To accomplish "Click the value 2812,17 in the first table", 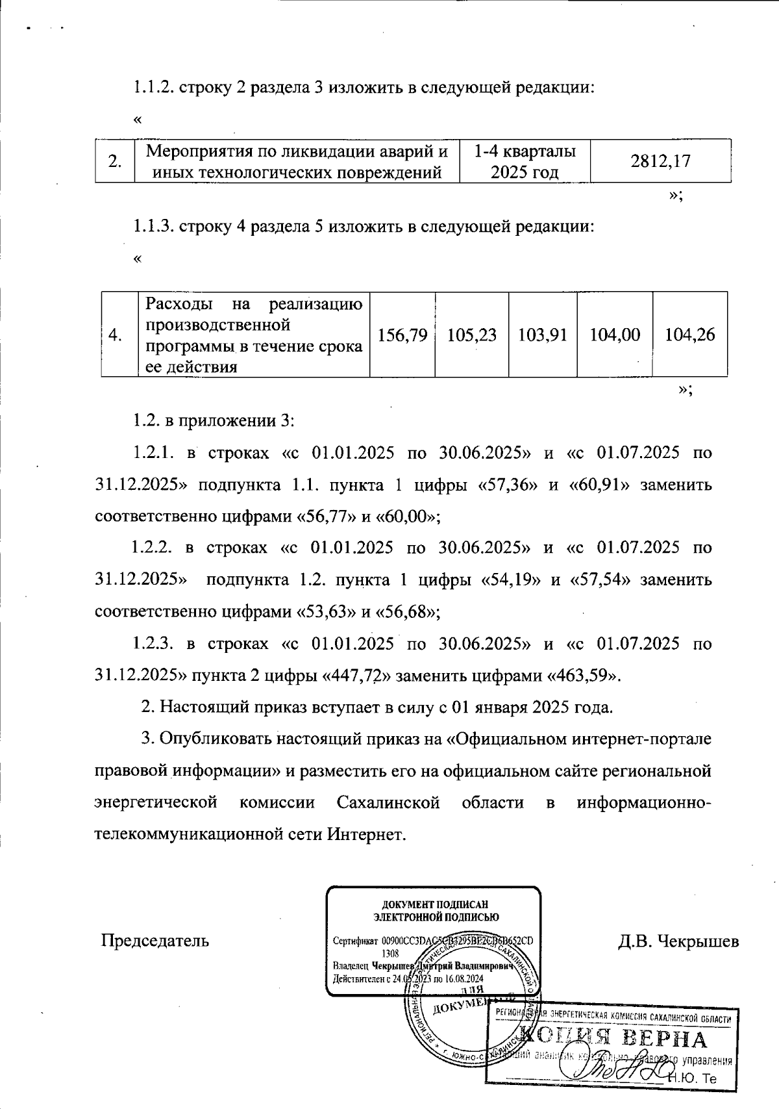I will (x=660, y=161).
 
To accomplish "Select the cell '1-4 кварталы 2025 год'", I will (x=525, y=162).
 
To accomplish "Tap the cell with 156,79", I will (x=402, y=335).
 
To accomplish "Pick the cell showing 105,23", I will (x=472, y=335).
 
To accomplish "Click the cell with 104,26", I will (x=689, y=335).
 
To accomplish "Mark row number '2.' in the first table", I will (x=115, y=162).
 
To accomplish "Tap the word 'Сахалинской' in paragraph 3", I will (x=388, y=802).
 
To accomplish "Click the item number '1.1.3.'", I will (x=153, y=227).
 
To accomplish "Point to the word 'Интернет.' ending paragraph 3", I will (x=367, y=834).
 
